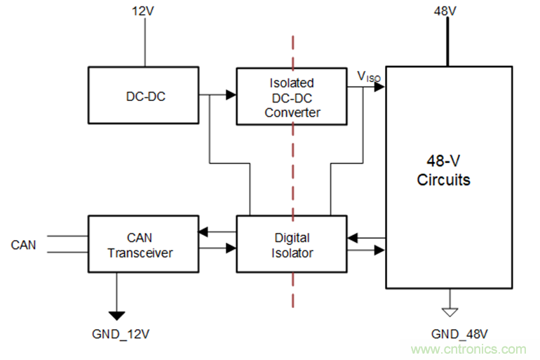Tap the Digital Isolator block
click(291, 244)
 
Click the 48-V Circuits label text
click(443, 171)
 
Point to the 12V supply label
click(144, 12)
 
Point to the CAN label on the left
click(23, 245)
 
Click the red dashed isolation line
click(292, 175)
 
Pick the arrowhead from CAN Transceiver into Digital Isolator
click(231, 248)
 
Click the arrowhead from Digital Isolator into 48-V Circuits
click(380, 249)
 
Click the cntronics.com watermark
click(468, 349)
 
